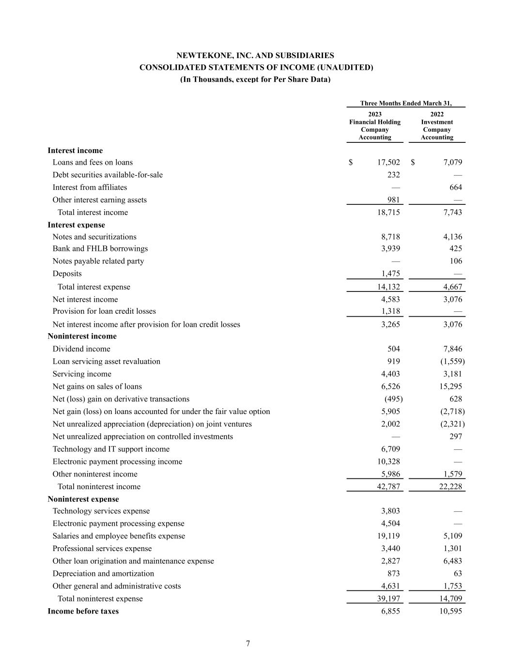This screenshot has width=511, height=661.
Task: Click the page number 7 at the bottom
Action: click(248, 644)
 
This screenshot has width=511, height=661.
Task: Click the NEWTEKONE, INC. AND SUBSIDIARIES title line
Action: click(255, 56)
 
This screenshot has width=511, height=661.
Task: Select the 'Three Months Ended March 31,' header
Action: click(406, 103)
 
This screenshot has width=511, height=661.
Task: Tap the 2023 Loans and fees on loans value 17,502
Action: click(388, 162)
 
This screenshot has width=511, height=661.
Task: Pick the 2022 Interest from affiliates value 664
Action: click(455, 187)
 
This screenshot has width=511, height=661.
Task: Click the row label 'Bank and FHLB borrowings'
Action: click(100, 248)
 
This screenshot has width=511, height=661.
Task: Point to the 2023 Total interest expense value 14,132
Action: click(388, 287)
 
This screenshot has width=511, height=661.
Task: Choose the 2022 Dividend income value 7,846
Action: click(452, 349)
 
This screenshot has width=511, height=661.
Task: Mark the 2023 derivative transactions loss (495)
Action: click(393, 399)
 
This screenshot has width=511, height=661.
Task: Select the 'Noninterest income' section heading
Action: click(82, 336)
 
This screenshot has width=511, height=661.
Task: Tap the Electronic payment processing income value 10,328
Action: click(387, 461)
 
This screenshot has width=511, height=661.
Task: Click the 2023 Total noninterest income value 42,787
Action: click(388, 487)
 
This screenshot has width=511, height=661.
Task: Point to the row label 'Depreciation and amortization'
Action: click(103, 573)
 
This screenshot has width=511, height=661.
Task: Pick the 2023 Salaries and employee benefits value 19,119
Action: click(387, 536)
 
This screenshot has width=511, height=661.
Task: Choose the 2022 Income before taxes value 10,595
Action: click(450, 611)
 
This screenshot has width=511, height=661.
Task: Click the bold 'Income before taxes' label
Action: click(83, 611)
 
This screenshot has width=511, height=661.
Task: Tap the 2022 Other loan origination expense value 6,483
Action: click(452, 561)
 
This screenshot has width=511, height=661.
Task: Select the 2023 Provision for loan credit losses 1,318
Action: click(390, 311)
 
